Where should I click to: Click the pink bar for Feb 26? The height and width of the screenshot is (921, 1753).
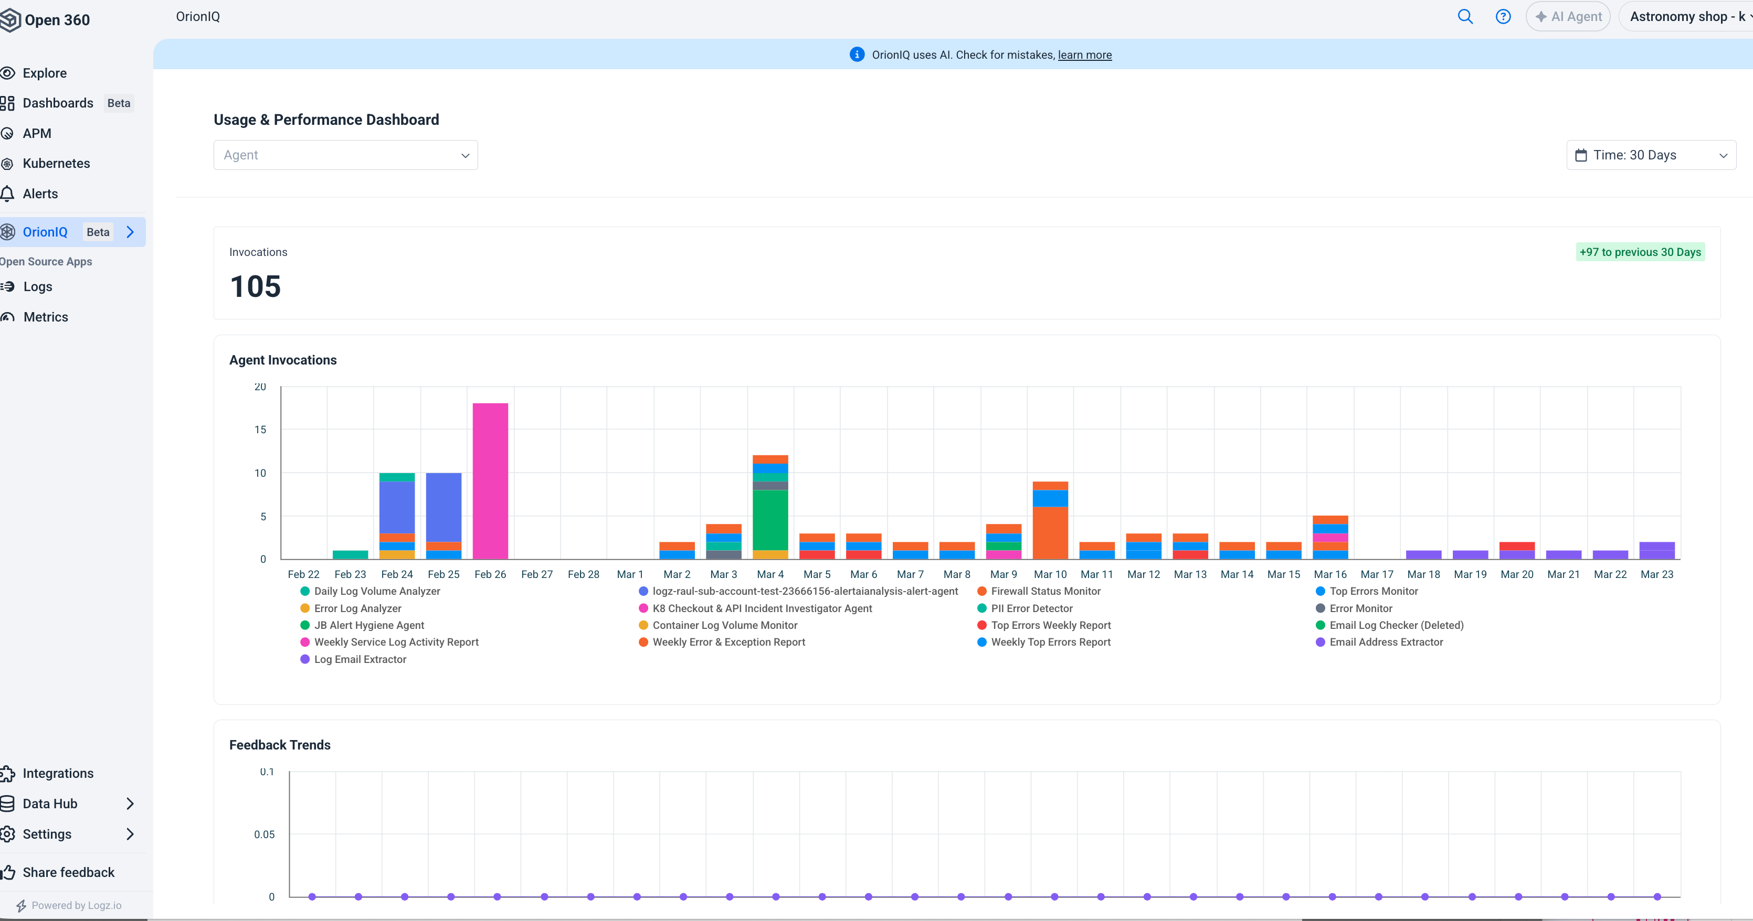coord(490,481)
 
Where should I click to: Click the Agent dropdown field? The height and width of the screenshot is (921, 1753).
coord(346,155)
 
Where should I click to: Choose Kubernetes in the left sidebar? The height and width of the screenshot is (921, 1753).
coord(56,163)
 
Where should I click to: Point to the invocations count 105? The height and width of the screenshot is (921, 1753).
coord(255,286)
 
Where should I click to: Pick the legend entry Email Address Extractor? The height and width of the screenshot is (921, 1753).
coord(1386,642)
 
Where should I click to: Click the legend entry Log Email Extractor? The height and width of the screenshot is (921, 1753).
coord(360,659)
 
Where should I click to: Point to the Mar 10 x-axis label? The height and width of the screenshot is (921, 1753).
coord(1050,574)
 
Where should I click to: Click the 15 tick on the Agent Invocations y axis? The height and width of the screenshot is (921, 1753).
coord(260,429)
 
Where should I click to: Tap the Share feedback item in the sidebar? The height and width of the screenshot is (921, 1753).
coord(68,872)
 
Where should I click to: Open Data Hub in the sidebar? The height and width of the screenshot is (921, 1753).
coord(50,804)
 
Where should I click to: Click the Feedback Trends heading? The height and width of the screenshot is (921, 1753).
coord(280,745)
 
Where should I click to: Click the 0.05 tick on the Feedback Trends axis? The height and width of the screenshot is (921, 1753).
coord(264,834)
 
